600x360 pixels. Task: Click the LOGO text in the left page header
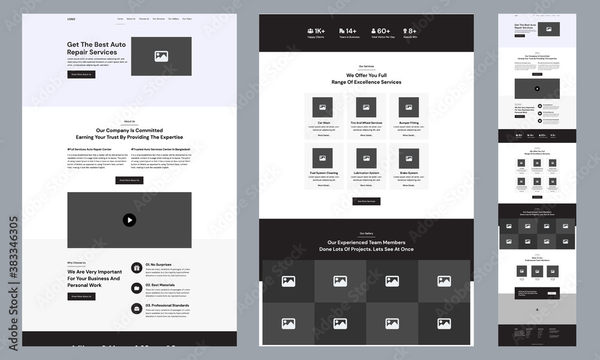coord(71,19)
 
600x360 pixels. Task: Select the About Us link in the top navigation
coord(131,19)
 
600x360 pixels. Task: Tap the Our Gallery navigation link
coord(173,19)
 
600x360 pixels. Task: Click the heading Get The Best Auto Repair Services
coord(97,49)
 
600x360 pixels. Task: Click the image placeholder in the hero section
coord(161,56)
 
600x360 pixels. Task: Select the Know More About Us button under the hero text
coord(81,74)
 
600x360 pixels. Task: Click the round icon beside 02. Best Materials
coord(137,288)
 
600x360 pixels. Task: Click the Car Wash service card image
coord(323,107)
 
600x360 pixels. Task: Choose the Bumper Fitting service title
coord(409,123)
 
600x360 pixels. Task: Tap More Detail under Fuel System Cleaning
coord(323,185)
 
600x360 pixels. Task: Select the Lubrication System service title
coord(366,173)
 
